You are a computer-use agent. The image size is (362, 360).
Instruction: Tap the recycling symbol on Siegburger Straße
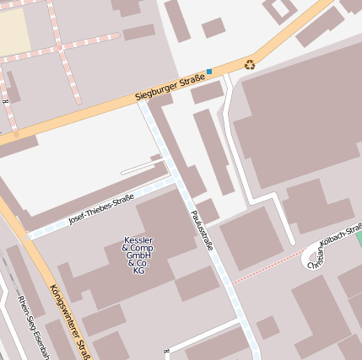(250, 64)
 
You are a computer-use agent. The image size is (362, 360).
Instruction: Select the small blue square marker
(209, 71)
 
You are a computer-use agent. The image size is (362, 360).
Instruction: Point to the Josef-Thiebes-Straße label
(101, 208)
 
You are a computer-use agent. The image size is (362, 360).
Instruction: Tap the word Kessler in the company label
(138, 240)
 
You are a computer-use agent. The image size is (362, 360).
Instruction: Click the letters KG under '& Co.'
(138, 271)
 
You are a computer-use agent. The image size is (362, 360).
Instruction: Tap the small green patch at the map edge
(359, 239)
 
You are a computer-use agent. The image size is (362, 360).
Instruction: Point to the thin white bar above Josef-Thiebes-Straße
(139, 169)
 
